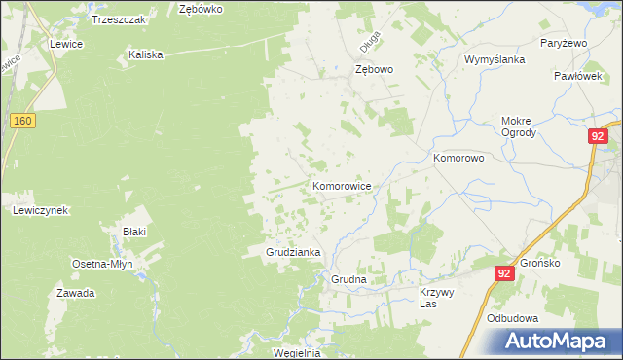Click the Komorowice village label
(341, 185)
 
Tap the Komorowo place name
(458, 157)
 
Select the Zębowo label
(374, 70)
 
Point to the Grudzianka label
(294, 252)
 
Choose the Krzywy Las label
(437, 298)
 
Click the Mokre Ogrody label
(518, 127)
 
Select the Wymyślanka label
(495, 59)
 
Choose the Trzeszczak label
(118, 19)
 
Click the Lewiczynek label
(40, 210)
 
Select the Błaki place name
(134, 232)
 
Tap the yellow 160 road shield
(24, 120)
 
